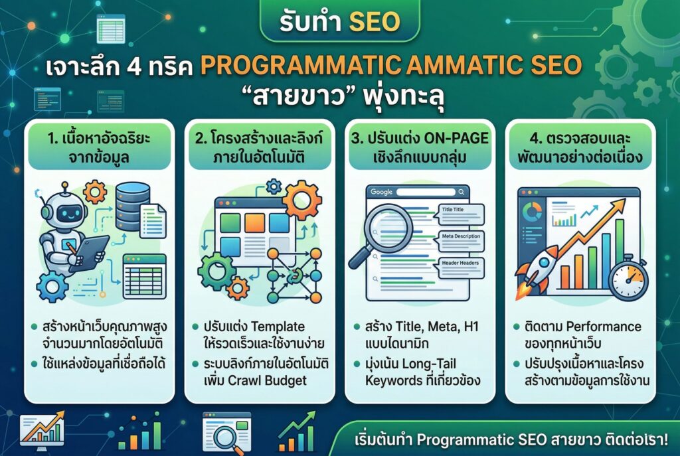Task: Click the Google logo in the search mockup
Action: click(381, 192)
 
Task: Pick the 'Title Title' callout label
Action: click(454, 209)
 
